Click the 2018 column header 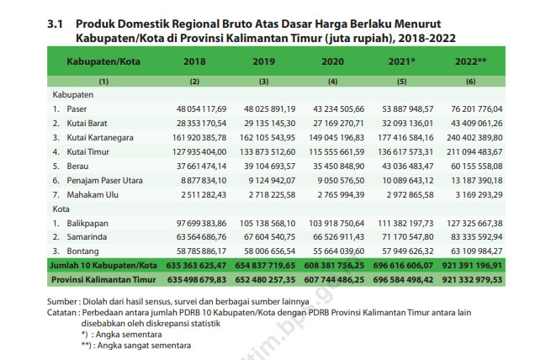point(194,61)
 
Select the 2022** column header point(470,61)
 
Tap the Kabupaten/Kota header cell point(103,61)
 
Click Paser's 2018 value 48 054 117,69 point(201,109)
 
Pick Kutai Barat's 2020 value point(338,124)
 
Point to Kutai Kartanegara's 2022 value point(474,138)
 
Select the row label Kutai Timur point(87,152)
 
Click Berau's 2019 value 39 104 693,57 point(269,167)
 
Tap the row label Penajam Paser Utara point(104,181)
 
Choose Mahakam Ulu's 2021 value point(410,195)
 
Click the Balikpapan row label point(87,224)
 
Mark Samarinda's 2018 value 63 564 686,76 point(201,237)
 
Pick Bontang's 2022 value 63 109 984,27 point(477,251)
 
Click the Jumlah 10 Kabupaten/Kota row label point(103,266)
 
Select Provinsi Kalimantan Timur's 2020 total point(334,280)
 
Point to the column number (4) point(332,82)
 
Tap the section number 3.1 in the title point(56,24)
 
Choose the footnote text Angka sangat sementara point(144,346)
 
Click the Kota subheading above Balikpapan point(61,209)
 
